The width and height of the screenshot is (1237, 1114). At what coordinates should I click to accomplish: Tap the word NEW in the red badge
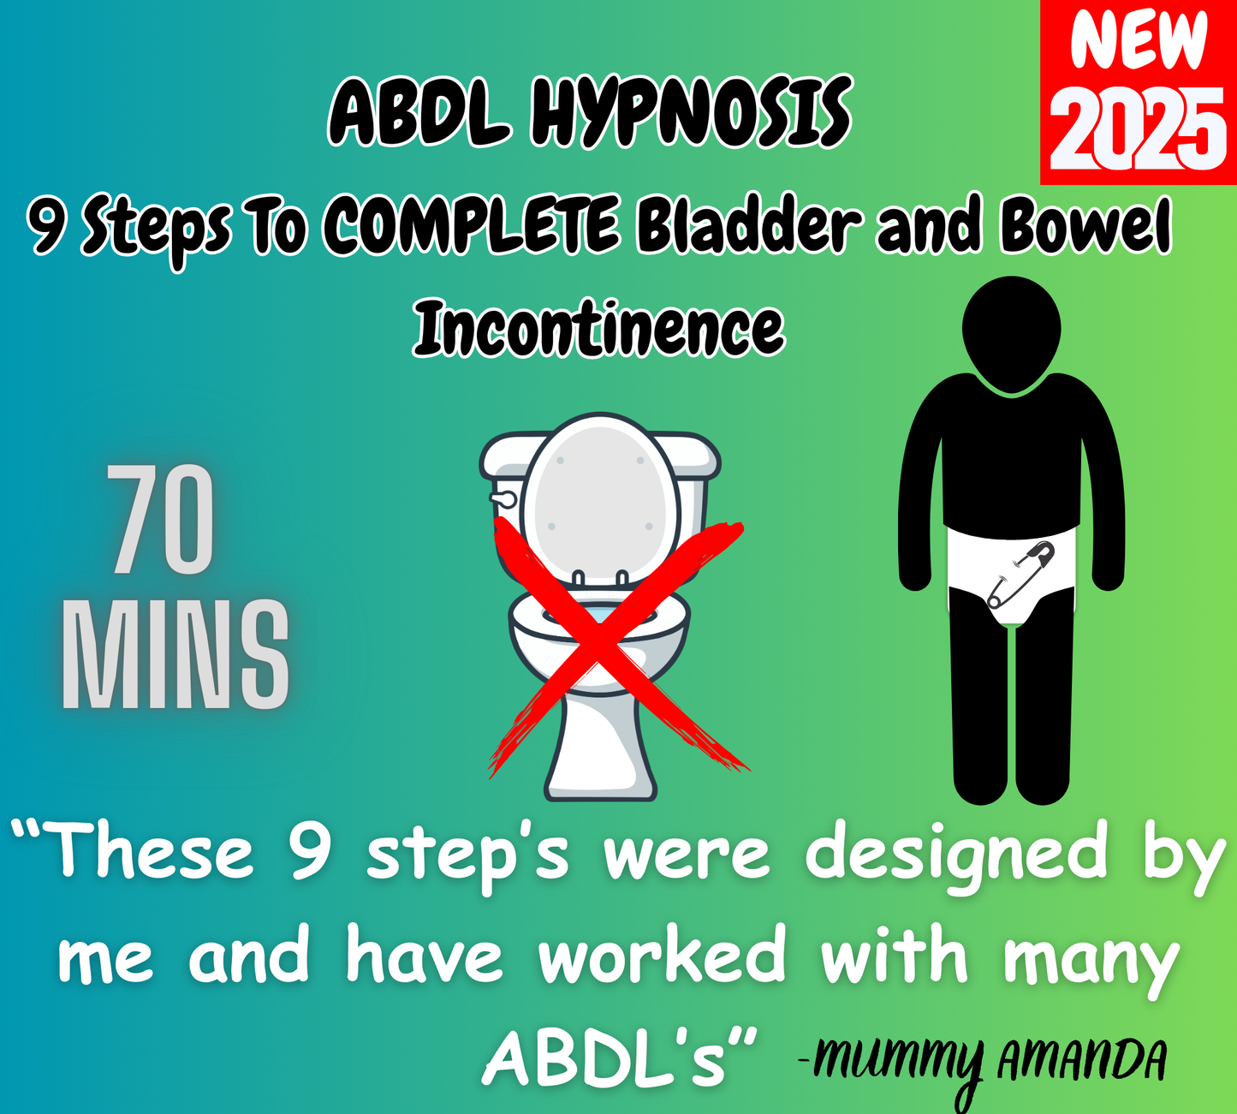pyautogui.click(x=1139, y=41)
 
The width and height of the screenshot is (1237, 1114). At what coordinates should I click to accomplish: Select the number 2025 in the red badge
pyautogui.click(x=1139, y=130)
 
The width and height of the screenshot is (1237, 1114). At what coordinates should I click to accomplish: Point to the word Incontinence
pyautogui.click(x=598, y=329)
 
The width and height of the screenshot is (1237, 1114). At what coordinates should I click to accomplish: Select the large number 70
pyautogui.click(x=161, y=521)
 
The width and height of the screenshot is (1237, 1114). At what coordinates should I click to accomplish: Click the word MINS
pyautogui.click(x=175, y=655)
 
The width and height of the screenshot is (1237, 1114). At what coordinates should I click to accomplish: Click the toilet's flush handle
pyautogui.click(x=502, y=497)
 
